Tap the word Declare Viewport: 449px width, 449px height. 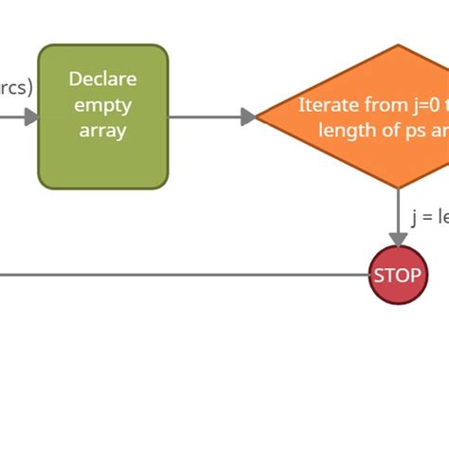point(102,80)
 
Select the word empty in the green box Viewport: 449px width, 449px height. point(102,105)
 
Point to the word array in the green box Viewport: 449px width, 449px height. point(102,131)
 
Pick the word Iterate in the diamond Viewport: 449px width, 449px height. point(330,104)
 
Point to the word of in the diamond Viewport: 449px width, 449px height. point(388,130)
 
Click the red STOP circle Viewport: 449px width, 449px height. point(398,276)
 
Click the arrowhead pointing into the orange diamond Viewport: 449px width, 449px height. point(249,117)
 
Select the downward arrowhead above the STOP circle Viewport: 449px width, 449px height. point(398,239)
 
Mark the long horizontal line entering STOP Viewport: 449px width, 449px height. point(189,276)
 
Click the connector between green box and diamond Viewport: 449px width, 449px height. point(208,117)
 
